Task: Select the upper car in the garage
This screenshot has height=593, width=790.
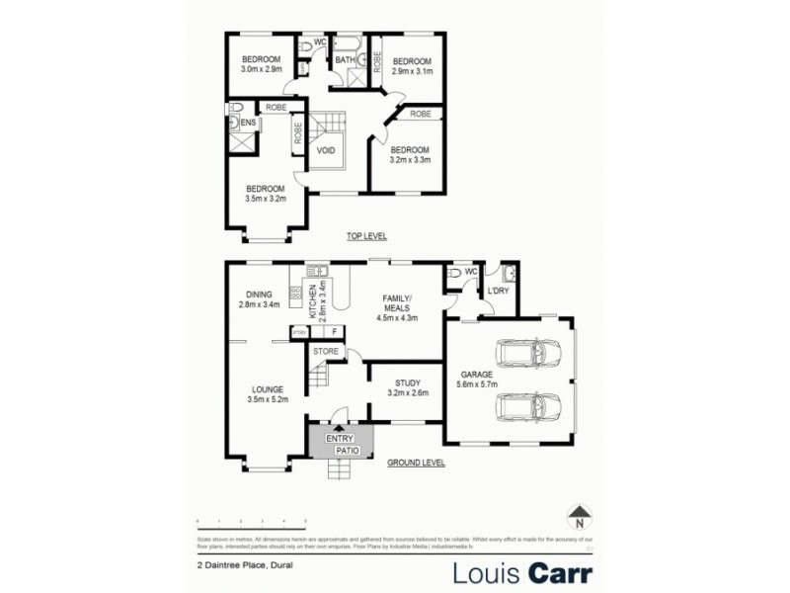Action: point(520,354)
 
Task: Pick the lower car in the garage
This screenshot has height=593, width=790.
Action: point(520,406)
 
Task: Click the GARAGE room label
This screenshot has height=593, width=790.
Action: point(477,374)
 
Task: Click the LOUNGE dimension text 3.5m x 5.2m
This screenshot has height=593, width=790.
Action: point(268,400)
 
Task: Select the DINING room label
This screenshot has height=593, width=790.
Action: point(260,293)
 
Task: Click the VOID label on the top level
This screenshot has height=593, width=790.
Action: point(327,151)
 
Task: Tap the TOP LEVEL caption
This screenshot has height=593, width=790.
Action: point(365,236)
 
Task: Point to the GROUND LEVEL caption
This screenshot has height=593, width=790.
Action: point(415,462)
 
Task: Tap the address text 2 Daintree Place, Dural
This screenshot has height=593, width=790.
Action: point(245,566)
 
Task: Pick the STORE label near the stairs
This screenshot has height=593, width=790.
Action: point(326,351)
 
